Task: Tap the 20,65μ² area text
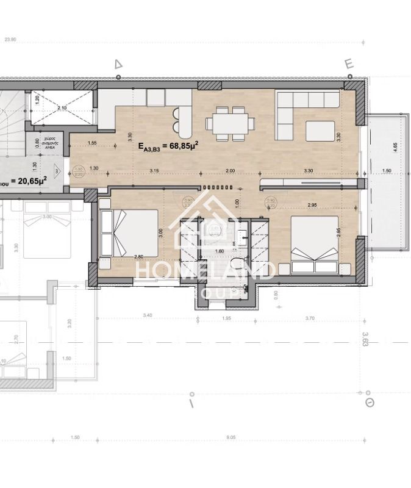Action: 27,182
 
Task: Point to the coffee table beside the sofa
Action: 320,130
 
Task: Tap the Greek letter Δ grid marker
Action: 118,64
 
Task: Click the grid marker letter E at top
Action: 349,64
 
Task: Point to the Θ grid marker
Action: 368,403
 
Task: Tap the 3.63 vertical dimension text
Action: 365,339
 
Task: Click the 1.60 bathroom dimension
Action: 219,250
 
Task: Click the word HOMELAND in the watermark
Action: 204,269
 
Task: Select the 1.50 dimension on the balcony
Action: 387,170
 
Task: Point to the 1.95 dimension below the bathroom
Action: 227,318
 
